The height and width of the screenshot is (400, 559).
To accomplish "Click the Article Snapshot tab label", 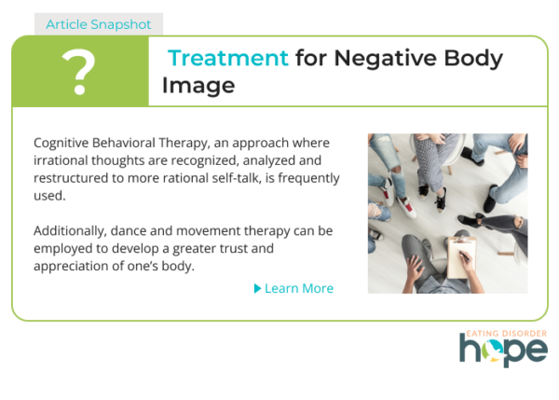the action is [99, 24].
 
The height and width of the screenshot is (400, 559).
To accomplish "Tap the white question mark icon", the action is [79, 72].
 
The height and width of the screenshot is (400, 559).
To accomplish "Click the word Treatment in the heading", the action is [228, 58].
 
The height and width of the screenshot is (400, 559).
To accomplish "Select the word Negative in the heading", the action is [385, 58].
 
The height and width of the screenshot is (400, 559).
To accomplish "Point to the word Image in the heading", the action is [198, 86].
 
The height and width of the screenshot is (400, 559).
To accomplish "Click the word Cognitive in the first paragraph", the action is [61, 143].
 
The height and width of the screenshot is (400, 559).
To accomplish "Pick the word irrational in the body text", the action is [61, 160].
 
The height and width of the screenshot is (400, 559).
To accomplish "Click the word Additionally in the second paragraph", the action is [70, 231].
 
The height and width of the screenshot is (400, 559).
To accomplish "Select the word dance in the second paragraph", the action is [129, 231].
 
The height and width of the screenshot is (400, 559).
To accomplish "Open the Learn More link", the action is [299, 288].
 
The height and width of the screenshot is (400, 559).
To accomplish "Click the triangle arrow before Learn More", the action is [257, 288].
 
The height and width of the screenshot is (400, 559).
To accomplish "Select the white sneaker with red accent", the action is [405, 207].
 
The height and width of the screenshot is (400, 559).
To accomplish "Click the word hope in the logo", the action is [503, 350].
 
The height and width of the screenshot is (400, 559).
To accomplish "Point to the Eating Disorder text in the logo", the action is [507, 334].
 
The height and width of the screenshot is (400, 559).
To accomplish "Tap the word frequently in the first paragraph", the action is [308, 178].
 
